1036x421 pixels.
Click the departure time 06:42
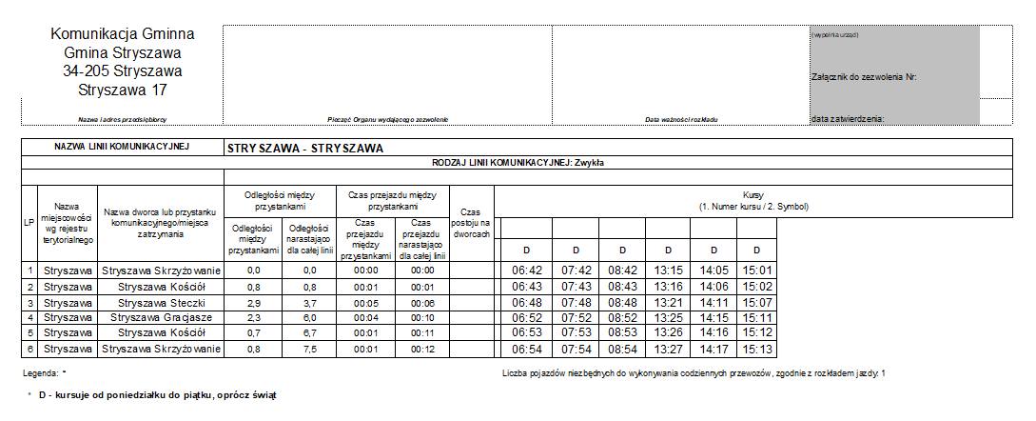point(525,271)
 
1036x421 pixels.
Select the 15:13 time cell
point(756,350)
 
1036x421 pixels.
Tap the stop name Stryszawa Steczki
point(161,302)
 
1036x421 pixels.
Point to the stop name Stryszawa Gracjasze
point(161,317)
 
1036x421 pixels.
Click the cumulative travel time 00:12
point(421,350)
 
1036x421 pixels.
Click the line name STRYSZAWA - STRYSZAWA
point(304,149)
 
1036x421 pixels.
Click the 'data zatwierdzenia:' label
point(848,119)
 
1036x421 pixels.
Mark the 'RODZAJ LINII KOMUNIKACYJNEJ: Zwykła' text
point(518,163)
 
